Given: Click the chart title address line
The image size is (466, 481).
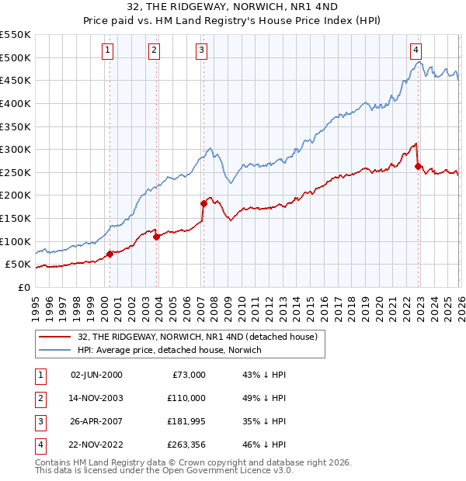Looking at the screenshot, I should [233, 9].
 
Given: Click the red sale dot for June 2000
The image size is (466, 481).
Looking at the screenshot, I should [110, 253].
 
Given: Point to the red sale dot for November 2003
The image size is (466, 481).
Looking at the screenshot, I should [157, 237].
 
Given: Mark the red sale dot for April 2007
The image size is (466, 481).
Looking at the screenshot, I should [203, 203].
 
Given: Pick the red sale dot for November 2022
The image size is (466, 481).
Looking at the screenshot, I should [419, 166].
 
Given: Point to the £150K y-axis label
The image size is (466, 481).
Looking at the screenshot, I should [16, 218].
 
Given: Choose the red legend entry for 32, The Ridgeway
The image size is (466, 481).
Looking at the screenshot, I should [197, 337].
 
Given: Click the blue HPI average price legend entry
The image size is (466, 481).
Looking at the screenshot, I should [169, 351].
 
